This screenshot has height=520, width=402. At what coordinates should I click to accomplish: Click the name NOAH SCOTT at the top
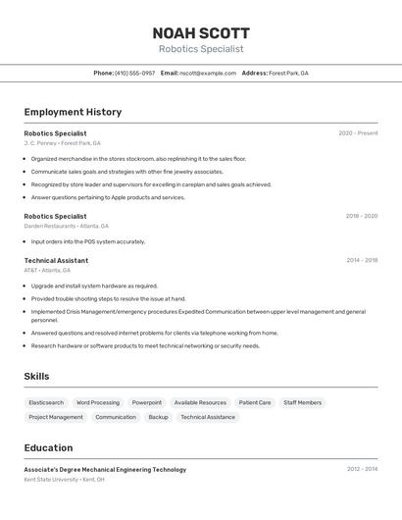pyautogui.click(x=201, y=33)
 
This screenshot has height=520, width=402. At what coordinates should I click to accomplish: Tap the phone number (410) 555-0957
pyautogui.click(x=134, y=73)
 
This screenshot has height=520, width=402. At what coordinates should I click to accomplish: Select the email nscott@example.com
pyautogui.click(x=208, y=73)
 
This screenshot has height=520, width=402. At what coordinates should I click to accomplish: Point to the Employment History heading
pyautogui.click(x=73, y=112)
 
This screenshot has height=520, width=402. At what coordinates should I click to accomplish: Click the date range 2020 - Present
pyautogui.click(x=358, y=133)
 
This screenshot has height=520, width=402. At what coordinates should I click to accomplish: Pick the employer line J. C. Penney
pyautogui.click(x=62, y=143)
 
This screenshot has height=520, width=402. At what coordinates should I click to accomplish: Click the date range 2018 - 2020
pyautogui.click(x=361, y=216)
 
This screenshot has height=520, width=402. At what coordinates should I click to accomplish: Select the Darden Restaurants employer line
pyautogui.click(x=66, y=226)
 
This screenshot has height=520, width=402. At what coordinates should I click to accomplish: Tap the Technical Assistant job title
pyautogui.click(x=56, y=261)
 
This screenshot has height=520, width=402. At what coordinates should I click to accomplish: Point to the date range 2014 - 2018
pyautogui.click(x=361, y=261)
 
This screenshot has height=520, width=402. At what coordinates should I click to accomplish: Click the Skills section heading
pyautogui.click(x=36, y=376)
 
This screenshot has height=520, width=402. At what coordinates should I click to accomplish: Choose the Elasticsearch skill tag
pyautogui.click(x=46, y=402)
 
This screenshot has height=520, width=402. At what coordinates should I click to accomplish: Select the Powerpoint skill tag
pyautogui.click(x=147, y=402)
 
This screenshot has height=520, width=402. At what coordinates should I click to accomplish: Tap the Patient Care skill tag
pyautogui.click(x=255, y=402)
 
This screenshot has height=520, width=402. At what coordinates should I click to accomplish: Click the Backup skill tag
pyautogui.click(x=158, y=417)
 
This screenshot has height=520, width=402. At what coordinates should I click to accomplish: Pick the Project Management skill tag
pyautogui.click(x=56, y=417)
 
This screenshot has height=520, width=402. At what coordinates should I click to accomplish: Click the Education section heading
pyautogui.click(x=48, y=447)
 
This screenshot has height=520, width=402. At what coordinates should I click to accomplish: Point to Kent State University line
pyautogui.click(x=64, y=480)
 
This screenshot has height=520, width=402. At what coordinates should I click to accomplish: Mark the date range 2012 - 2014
pyautogui.click(x=362, y=469)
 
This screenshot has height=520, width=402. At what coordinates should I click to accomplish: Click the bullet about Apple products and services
pyautogui.click(x=107, y=197)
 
